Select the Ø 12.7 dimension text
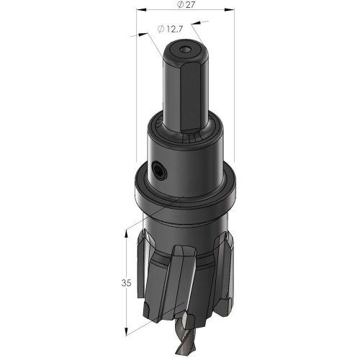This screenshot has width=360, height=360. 172,29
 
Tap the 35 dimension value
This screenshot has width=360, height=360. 127,283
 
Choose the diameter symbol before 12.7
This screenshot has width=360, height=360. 161,29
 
